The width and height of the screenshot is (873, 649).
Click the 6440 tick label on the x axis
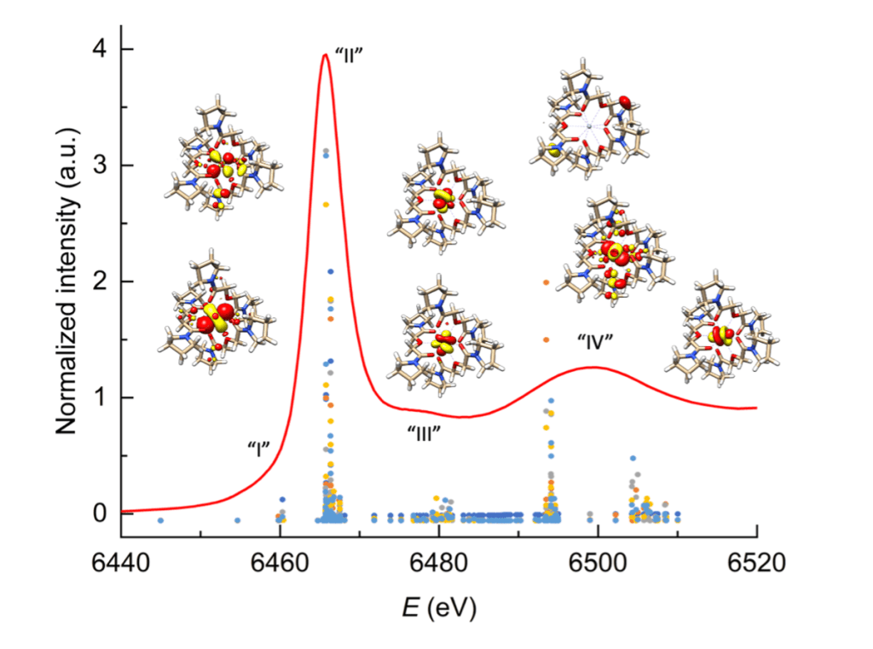pyautogui.click(x=120, y=561)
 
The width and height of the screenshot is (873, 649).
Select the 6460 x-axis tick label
pyautogui.click(x=280, y=561)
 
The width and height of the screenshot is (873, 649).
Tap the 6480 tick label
pyautogui.click(x=438, y=561)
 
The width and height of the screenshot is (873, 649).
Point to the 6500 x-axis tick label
pyautogui.click(x=598, y=561)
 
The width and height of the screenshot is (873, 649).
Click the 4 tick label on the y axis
pyautogui.click(x=103, y=49)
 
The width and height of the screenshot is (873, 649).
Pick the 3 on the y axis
pyautogui.click(x=103, y=165)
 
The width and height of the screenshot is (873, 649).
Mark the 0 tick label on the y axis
pyautogui.click(x=103, y=513)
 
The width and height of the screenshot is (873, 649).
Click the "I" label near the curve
pyautogui.click(x=257, y=447)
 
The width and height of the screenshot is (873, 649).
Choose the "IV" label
pyautogui.click(x=595, y=341)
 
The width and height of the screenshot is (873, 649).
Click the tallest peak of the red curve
pyautogui.click(x=325, y=55)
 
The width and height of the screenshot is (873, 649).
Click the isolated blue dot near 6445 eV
pyautogui.click(x=160, y=520)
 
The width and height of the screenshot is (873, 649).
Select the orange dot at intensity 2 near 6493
pyautogui.click(x=546, y=281)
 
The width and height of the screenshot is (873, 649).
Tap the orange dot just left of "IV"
pyautogui.click(x=546, y=339)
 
